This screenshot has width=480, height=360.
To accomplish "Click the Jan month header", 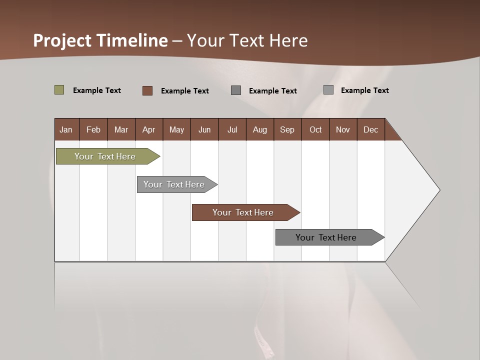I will point(66,129).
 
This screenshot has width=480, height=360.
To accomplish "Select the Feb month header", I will point(93,129).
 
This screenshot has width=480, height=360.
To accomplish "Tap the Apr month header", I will point(148,129).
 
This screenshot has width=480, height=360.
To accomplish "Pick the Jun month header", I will point(204,129).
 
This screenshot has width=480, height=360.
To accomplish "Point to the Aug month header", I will point(259,129).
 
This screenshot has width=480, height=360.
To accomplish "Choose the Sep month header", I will point(287,129).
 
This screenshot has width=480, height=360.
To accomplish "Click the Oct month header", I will point(315,129).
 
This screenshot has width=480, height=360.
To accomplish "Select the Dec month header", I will point(370,129).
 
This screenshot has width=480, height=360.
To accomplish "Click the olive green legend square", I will point(59,90).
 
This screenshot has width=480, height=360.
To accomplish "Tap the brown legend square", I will point(147,90).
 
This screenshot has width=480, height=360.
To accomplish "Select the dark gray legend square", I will point(236,90).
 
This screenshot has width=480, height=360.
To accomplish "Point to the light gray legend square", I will point(328,90).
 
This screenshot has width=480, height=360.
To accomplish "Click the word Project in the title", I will point(62,40).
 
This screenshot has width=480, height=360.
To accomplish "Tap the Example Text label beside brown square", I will point(184,91).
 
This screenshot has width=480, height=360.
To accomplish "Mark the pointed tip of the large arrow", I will point(439,190).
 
